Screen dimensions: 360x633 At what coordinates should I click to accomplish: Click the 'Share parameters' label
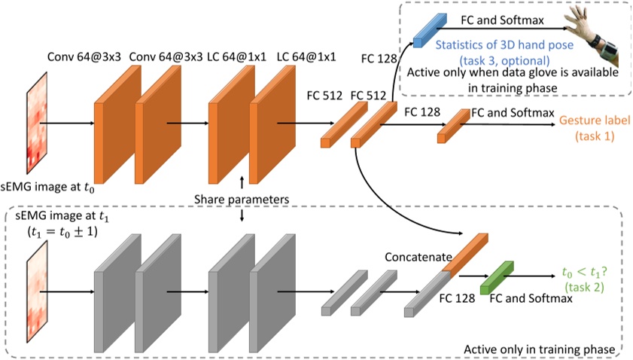pyautogui.click(x=242, y=199)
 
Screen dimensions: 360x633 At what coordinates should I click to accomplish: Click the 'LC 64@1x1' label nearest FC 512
pyautogui.click(x=306, y=56)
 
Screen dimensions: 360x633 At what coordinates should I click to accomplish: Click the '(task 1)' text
pyautogui.click(x=594, y=136)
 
